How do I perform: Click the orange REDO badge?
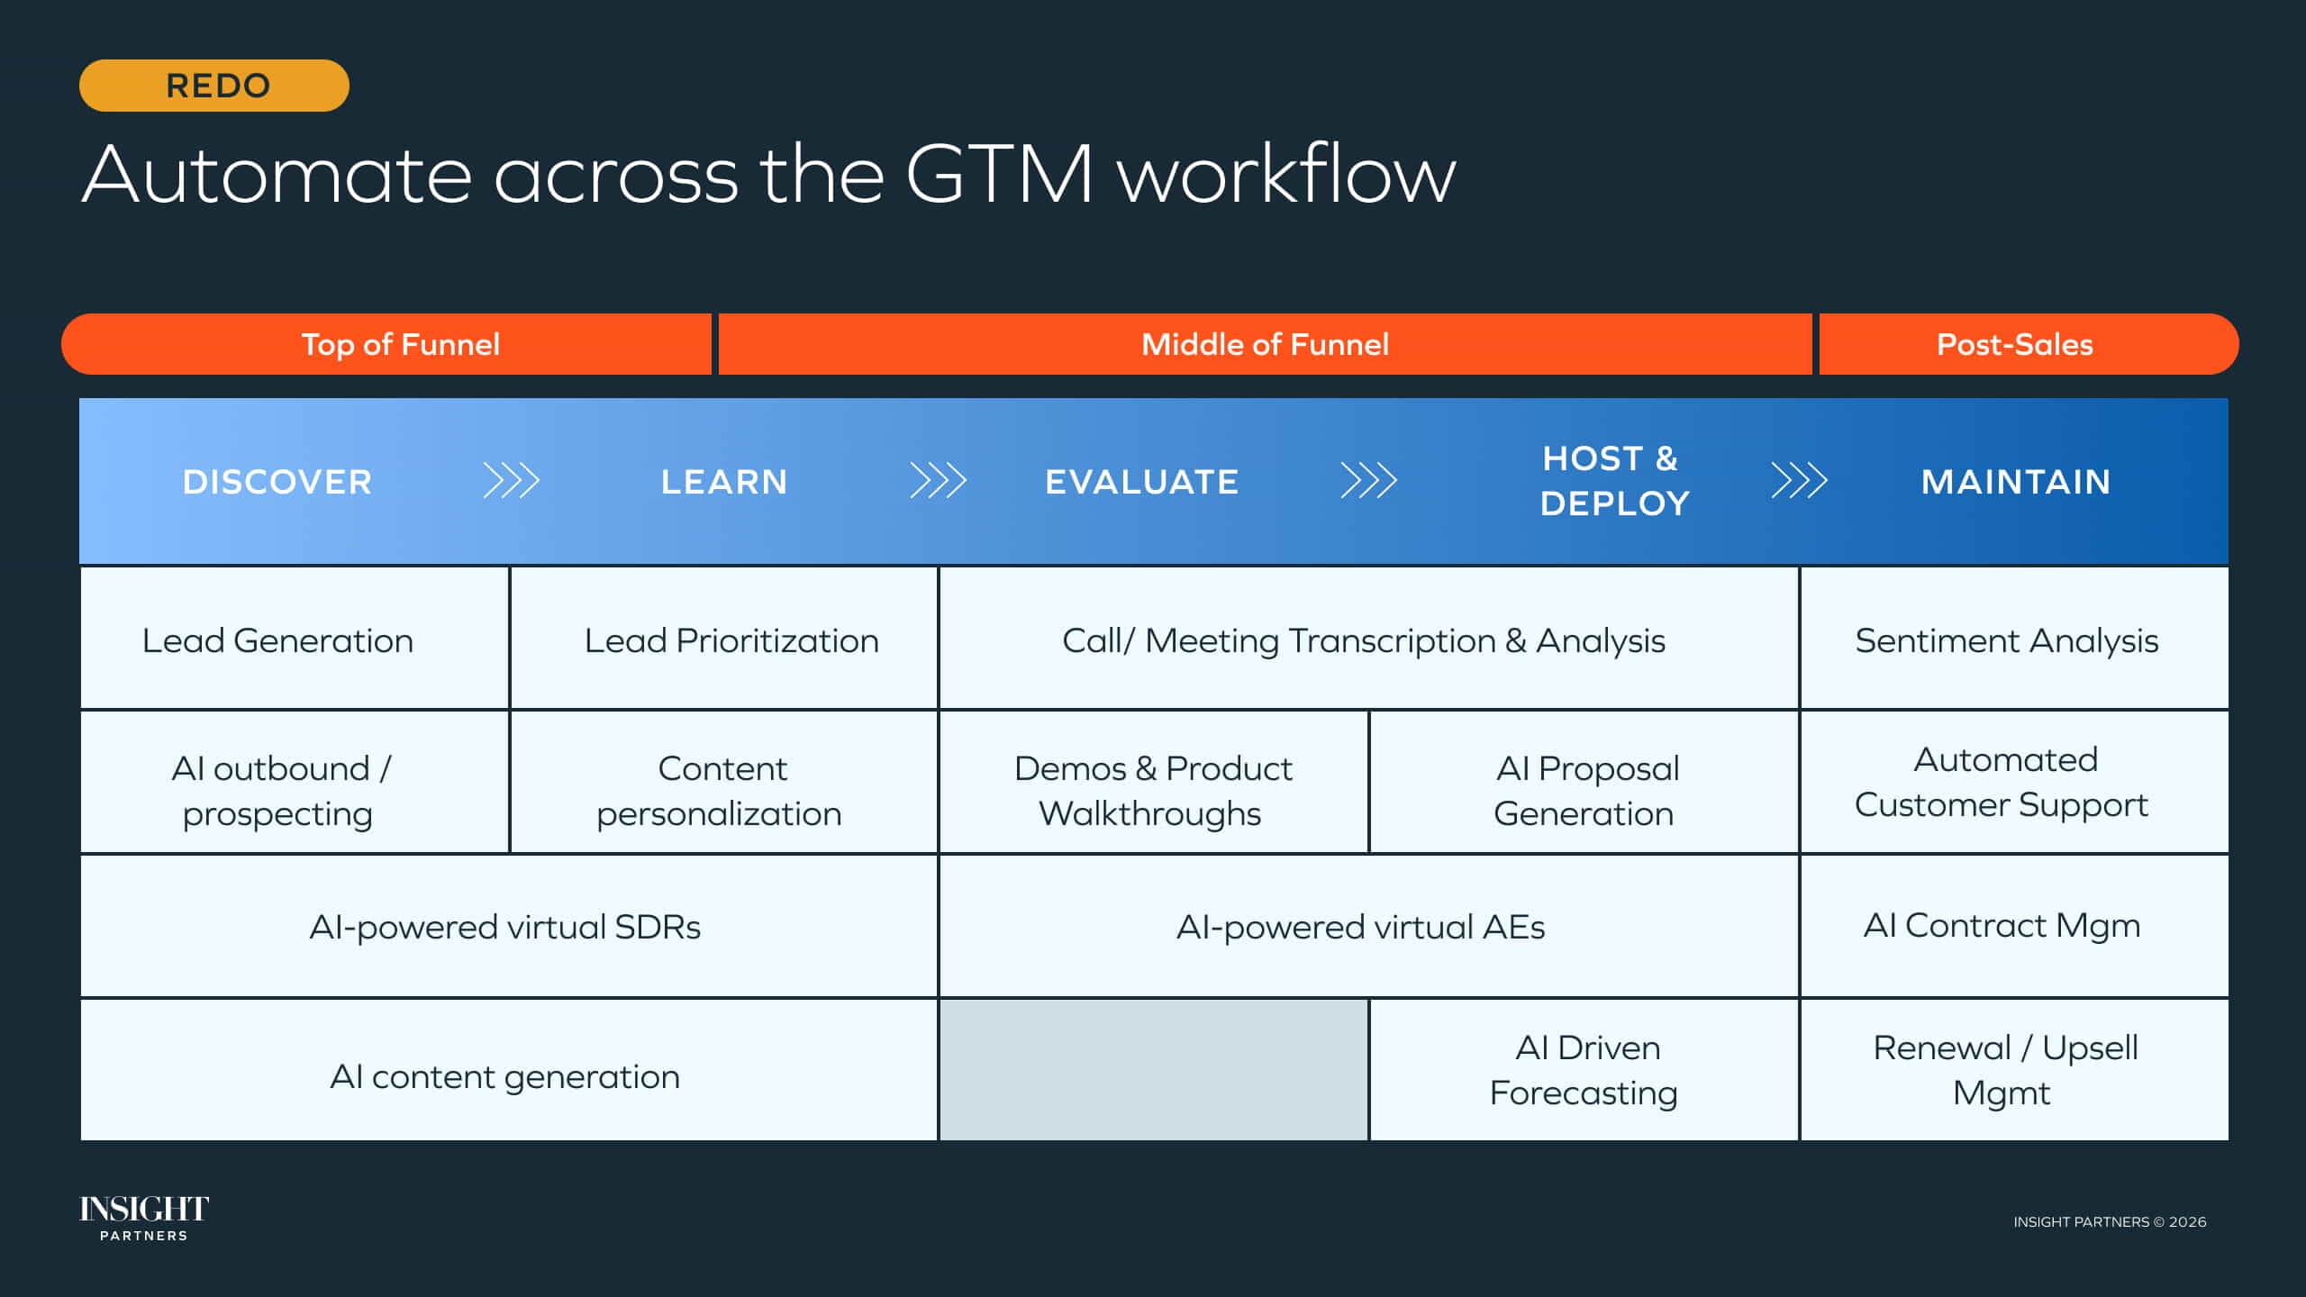click(x=214, y=86)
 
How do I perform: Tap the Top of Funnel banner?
click(x=400, y=344)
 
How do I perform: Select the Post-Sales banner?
click(x=2015, y=344)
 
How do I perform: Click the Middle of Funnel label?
click(x=1265, y=344)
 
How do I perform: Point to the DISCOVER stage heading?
click(x=277, y=482)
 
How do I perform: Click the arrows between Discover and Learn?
click(x=512, y=481)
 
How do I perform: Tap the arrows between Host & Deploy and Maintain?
click(x=1799, y=481)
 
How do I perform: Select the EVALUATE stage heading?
click(x=1141, y=482)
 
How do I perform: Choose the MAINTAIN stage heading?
click(x=2016, y=482)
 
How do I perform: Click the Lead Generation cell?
click(x=277, y=640)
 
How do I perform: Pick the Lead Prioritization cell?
click(x=731, y=640)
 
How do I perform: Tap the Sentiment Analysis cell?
click(x=2007, y=640)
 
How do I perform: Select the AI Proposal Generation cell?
click(x=1585, y=790)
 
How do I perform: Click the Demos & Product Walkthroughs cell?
click(x=1152, y=790)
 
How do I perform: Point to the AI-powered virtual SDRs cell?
click(x=504, y=927)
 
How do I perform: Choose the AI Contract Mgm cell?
click(x=2002, y=926)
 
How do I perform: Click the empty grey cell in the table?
click(x=1153, y=1070)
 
